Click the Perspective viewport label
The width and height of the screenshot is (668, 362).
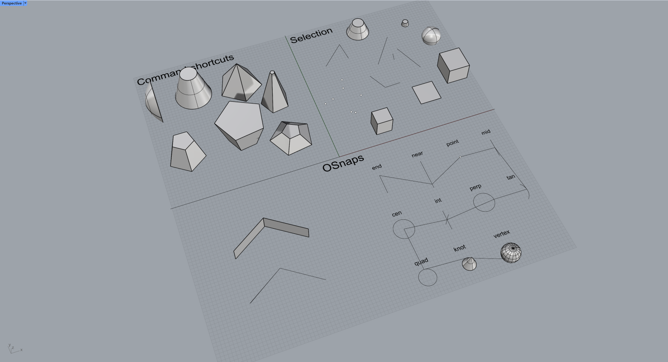click(12, 3)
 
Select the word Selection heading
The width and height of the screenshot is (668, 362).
click(311, 35)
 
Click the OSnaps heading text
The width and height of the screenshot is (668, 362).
click(343, 163)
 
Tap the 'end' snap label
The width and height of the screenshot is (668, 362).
click(377, 167)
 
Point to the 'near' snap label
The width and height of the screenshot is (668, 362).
click(417, 154)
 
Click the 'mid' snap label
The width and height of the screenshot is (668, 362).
click(486, 132)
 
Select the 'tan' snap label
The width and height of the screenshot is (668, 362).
click(510, 177)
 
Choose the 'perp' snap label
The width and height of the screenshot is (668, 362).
click(475, 187)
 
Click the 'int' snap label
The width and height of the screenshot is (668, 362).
click(438, 201)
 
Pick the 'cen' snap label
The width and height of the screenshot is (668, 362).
click(397, 213)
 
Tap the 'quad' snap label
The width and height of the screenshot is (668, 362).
click(421, 261)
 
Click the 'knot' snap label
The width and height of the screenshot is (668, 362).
click(460, 248)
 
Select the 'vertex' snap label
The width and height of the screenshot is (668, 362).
click(501, 234)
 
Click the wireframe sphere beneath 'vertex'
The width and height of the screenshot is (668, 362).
click(511, 253)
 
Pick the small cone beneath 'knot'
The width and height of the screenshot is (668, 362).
click(469, 264)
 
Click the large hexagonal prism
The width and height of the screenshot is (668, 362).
click(239, 124)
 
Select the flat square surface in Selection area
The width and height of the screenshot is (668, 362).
click(426, 92)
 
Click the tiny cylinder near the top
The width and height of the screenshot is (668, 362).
click(405, 23)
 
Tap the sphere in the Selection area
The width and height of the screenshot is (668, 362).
click(431, 36)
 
